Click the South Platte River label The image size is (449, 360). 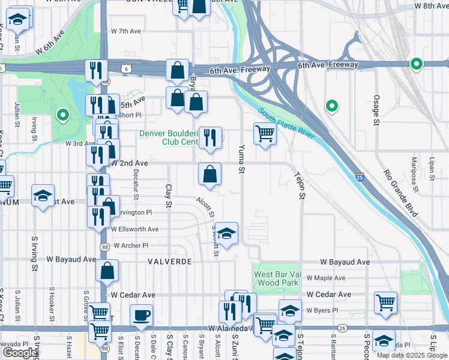288,124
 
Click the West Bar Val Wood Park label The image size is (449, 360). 276,278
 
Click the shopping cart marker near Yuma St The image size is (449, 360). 264,133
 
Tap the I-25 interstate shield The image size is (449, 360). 359,177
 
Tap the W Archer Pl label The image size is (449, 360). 129,245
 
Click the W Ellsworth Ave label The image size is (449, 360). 134,229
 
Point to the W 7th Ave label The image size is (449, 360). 126,31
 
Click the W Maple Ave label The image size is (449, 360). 326,278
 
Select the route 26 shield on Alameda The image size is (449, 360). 342,328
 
